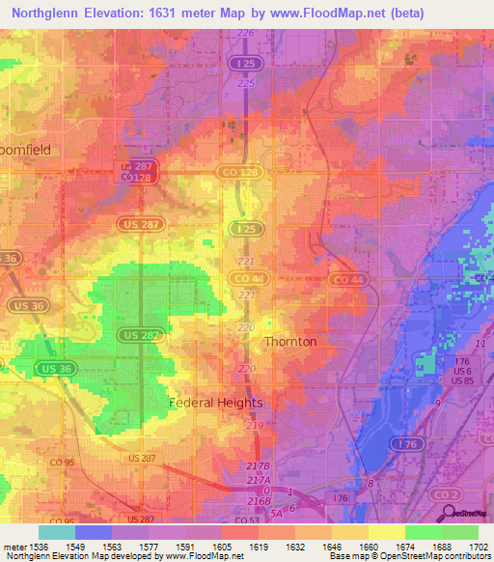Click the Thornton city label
290,342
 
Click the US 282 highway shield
141,334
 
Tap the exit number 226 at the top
246,33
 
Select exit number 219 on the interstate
255,425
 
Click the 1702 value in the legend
479,546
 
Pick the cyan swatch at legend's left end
56,532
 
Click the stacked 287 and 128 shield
142,172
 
